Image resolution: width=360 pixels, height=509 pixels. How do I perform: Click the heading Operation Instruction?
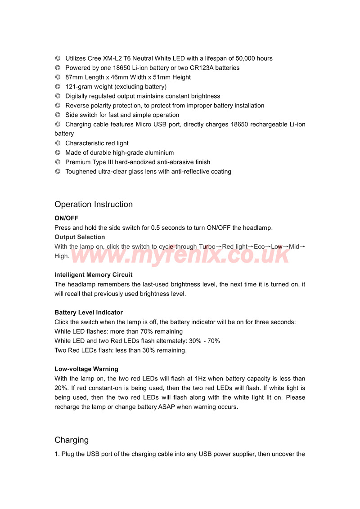[x=94, y=204]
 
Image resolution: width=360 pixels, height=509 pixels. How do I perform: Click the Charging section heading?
[x=72, y=440]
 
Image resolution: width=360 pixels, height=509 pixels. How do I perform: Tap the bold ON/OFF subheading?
[x=67, y=218]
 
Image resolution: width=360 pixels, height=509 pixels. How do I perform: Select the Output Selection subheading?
[x=80, y=237]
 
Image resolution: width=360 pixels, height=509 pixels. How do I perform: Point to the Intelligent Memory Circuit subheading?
[x=94, y=275]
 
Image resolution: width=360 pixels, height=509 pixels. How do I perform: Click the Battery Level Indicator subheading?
[x=89, y=313]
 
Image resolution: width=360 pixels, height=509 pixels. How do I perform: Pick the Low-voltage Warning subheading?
[x=86, y=369]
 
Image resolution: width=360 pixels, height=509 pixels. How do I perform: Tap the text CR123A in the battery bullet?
[x=200, y=68]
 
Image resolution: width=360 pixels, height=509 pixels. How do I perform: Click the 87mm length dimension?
[x=74, y=77]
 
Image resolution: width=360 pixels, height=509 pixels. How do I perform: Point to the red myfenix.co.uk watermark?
[x=180, y=254]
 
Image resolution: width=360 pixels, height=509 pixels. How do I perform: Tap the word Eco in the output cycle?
[x=259, y=246]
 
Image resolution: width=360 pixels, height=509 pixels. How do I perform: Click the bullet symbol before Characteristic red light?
[x=58, y=143]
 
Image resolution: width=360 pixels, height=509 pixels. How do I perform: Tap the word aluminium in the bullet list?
[x=159, y=153]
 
